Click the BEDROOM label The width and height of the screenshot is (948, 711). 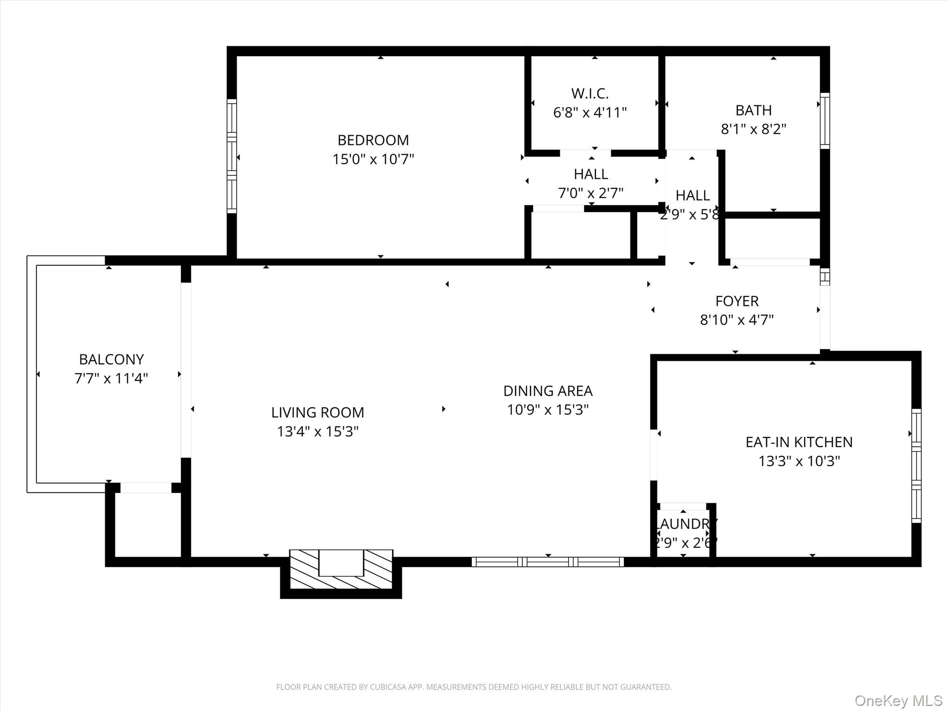(x=373, y=140)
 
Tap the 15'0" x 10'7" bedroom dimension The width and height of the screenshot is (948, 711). (x=373, y=159)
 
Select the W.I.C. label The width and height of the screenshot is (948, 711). (x=590, y=94)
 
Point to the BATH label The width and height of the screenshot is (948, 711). (x=754, y=110)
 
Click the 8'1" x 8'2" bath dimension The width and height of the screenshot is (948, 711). (x=754, y=129)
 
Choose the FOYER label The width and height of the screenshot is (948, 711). (x=737, y=301)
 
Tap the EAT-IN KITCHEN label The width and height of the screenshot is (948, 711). (x=799, y=442)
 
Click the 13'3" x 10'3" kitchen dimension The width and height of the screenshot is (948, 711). (x=799, y=461)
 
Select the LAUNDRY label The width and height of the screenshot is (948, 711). (x=686, y=524)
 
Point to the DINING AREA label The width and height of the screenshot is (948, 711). (x=548, y=391)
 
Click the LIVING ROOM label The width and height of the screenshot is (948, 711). (x=318, y=412)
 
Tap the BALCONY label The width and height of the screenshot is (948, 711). (x=111, y=359)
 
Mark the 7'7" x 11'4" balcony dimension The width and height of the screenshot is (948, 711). (x=111, y=379)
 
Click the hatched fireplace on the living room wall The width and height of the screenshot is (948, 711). (x=341, y=569)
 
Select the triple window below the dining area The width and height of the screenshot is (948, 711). (x=548, y=562)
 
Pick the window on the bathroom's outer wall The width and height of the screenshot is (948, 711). (x=825, y=121)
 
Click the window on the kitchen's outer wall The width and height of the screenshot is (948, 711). (x=916, y=466)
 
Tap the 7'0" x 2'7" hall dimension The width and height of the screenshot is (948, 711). (x=591, y=193)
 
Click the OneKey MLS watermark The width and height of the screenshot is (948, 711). (x=898, y=700)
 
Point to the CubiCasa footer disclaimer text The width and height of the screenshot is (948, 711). (x=474, y=687)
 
